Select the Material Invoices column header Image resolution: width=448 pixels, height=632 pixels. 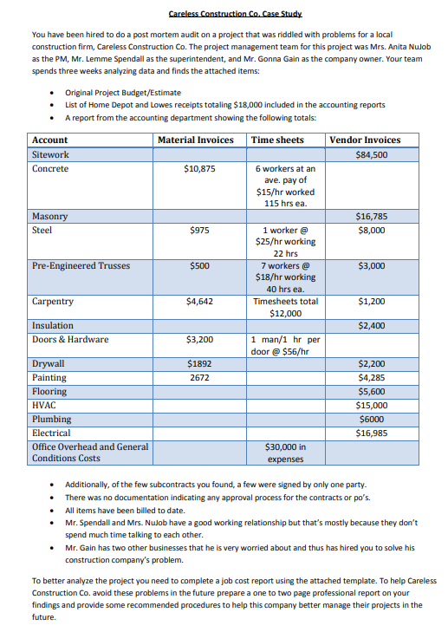click(196, 140)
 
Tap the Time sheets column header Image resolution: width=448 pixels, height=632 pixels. click(277, 140)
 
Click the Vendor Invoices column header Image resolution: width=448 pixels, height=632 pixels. click(365, 140)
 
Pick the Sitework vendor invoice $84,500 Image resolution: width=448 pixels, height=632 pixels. click(371, 155)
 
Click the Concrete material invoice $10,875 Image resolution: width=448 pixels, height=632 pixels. click(199, 168)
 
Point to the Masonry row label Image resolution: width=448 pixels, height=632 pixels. click(49, 216)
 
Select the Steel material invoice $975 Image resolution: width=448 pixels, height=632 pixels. click(199, 231)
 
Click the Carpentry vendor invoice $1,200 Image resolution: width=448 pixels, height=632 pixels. click(371, 302)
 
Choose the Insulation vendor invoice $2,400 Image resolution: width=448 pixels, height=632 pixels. click(371, 326)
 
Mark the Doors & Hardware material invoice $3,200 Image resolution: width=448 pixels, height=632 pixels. click(199, 340)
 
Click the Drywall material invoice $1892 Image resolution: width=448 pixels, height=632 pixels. click(199, 364)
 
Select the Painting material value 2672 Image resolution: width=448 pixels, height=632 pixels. click(199, 378)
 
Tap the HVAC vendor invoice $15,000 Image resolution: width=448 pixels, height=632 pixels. click(371, 405)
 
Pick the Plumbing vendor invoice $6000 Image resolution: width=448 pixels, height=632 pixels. click(371, 419)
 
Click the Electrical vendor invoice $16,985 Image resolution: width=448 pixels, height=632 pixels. click(371, 433)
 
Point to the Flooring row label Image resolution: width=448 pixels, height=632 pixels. click(49, 391)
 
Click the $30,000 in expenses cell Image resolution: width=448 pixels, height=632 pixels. click(285, 453)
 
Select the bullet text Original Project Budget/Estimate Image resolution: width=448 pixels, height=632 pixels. click(123, 93)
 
